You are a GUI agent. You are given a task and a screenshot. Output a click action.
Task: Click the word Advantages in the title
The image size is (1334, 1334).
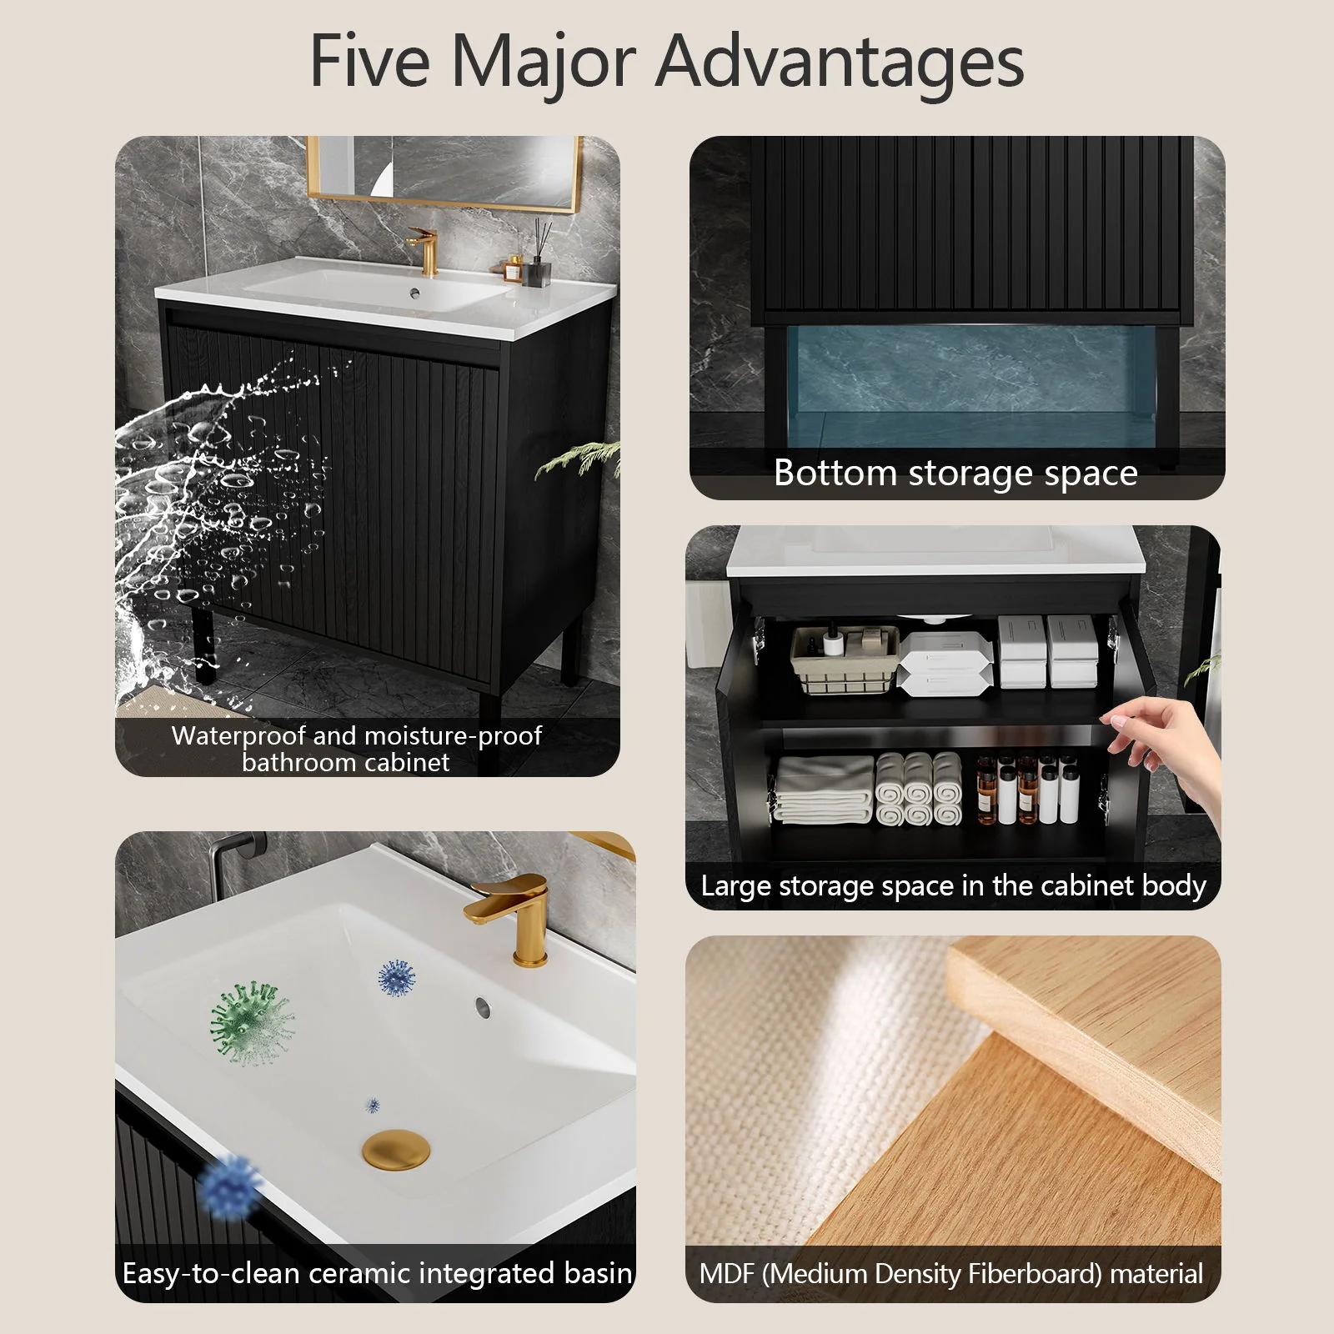point(840,63)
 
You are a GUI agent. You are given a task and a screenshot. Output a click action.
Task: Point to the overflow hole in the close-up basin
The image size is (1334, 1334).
point(483,1006)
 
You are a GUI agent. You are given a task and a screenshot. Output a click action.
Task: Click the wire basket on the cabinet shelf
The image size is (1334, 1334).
point(845,661)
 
